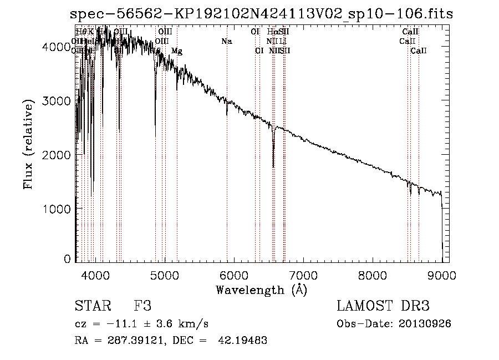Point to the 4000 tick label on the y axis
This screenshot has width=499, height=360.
tap(56, 48)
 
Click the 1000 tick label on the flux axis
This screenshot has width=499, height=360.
tap(56, 208)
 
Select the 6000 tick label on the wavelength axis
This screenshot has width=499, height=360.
tap(234, 275)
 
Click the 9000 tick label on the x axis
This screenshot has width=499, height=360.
tap(442, 275)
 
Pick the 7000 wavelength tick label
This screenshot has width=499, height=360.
tap(303, 275)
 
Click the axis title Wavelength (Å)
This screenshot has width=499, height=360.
tap(261, 290)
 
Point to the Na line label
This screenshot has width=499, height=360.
tap(227, 41)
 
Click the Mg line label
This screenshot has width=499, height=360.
tap(177, 51)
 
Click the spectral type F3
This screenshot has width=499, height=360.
tap(142, 306)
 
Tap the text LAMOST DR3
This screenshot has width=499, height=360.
tap(383, 306)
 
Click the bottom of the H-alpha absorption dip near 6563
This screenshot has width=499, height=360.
tap(273, 166)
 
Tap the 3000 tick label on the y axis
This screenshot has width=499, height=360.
tap(56, 101)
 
